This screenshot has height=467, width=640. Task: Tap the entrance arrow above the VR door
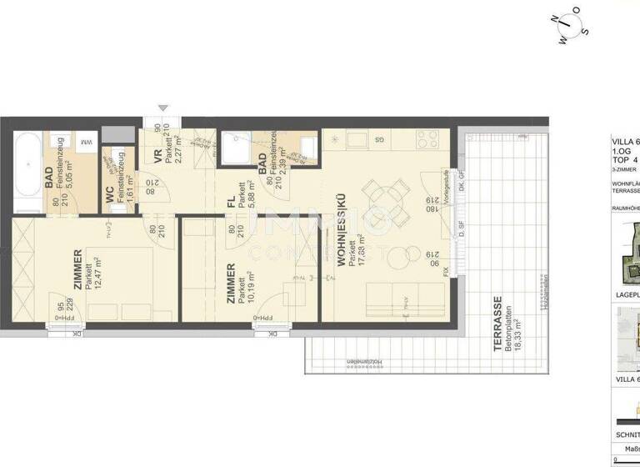(163, 107)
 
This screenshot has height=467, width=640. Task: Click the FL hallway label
(230, 200)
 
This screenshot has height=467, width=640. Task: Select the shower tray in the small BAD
(236, 149)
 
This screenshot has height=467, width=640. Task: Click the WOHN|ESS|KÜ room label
(341, 238)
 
